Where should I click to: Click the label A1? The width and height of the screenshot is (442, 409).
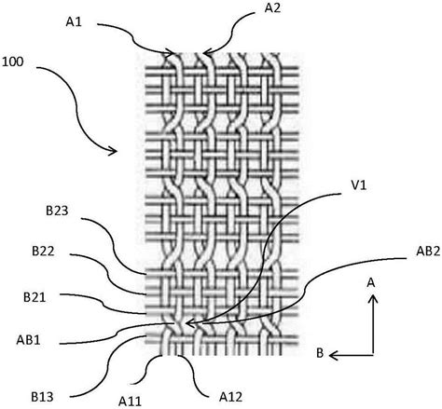(74, 22)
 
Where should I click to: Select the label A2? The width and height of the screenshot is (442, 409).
(272, 8)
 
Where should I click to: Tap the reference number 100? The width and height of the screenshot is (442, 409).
(12, 61)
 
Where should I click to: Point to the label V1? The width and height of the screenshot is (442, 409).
(358, 185)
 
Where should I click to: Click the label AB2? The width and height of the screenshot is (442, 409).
(428, 252)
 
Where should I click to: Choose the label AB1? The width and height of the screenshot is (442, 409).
(28, 340)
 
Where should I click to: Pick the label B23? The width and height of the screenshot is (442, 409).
(57, 211)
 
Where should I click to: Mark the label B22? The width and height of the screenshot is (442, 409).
(43, 252)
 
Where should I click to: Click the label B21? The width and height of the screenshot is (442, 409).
(35, 297)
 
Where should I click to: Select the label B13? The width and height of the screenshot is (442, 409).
(42, 397)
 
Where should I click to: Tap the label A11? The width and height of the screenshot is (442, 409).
(130, 402)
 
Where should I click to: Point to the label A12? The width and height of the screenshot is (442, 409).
(230, 397)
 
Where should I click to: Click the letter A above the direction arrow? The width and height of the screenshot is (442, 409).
(371, 283)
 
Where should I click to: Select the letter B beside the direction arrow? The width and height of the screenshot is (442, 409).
(320, 353)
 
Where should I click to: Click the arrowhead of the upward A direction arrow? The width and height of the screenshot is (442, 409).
(373, 299)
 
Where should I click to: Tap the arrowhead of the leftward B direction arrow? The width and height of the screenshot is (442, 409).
(333, 355)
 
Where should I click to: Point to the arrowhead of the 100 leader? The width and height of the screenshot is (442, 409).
(113, 151)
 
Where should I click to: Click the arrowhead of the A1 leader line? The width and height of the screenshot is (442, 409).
(170, 53)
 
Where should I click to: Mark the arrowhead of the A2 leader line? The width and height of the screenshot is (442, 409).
(206, 53)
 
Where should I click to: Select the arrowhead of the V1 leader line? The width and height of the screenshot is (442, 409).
(189, 324)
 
